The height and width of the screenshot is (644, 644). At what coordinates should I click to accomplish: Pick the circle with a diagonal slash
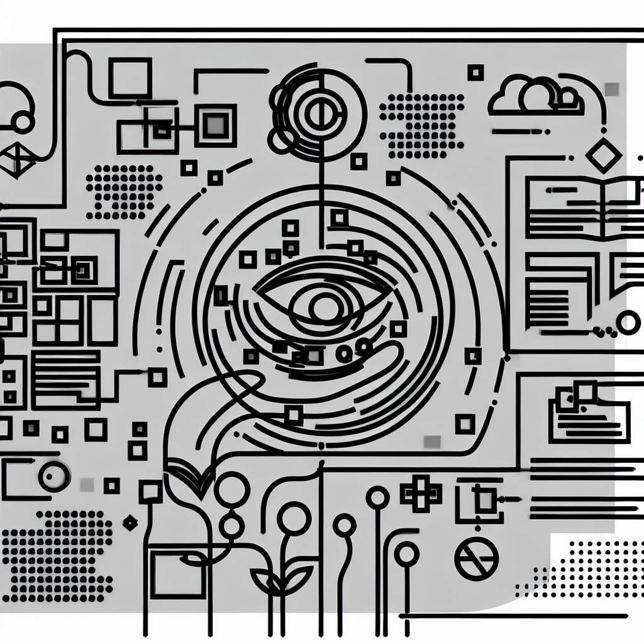tap(476, 559)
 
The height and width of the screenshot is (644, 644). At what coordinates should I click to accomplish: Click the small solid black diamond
tap(130, 521)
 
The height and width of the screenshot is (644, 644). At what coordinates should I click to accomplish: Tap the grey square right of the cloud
tap(611, 90)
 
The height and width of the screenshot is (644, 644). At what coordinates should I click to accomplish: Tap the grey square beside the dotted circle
tap(87, 484)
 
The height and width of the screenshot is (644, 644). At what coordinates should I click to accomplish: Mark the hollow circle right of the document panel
tap(628, 323)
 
